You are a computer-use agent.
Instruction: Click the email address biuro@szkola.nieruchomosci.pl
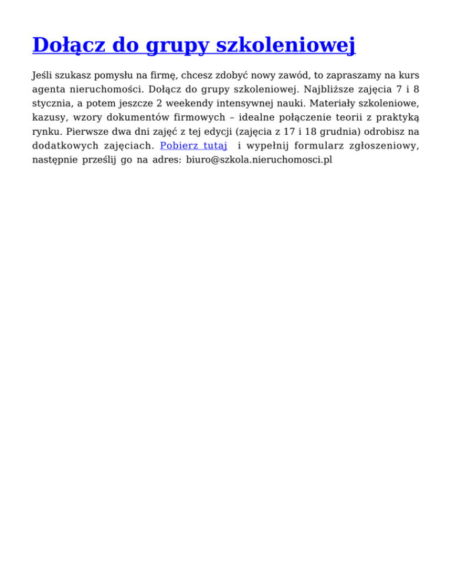[x=259, y=159]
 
